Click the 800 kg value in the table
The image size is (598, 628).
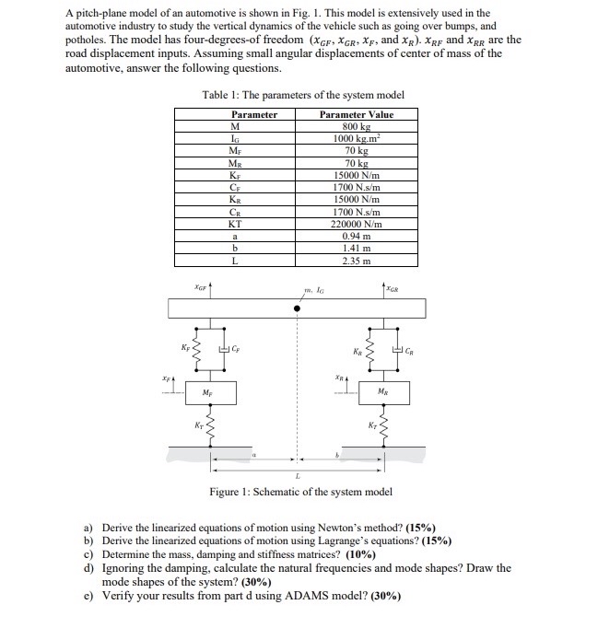pos(356,127)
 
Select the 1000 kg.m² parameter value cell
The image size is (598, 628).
pos(356,138)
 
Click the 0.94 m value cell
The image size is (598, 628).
pos(356,236)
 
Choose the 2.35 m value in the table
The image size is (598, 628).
pos(356,261)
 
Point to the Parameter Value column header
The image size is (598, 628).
pos(356,115)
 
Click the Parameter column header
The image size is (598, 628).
pos(235,115)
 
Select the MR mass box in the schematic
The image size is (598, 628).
pos(381,391)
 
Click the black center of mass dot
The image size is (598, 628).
pos(296,309)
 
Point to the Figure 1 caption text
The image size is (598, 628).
pos(300,492)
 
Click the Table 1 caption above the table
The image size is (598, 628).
pos(302,96)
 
